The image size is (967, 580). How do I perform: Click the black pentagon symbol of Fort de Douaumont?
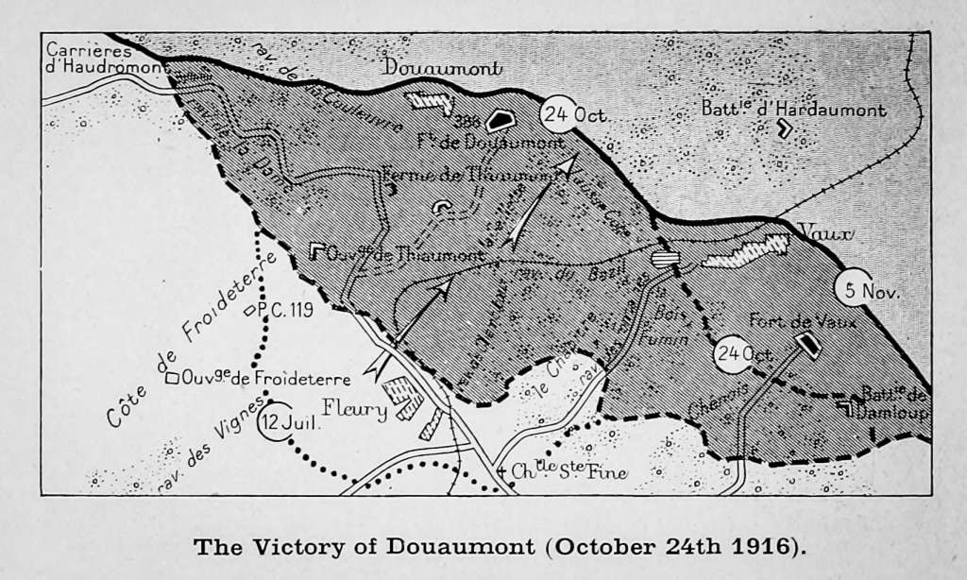(500, 120)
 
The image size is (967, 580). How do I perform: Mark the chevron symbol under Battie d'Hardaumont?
(783, 130)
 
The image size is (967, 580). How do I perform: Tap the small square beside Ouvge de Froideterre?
(172, 379)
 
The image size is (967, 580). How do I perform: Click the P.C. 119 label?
(283, 309)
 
